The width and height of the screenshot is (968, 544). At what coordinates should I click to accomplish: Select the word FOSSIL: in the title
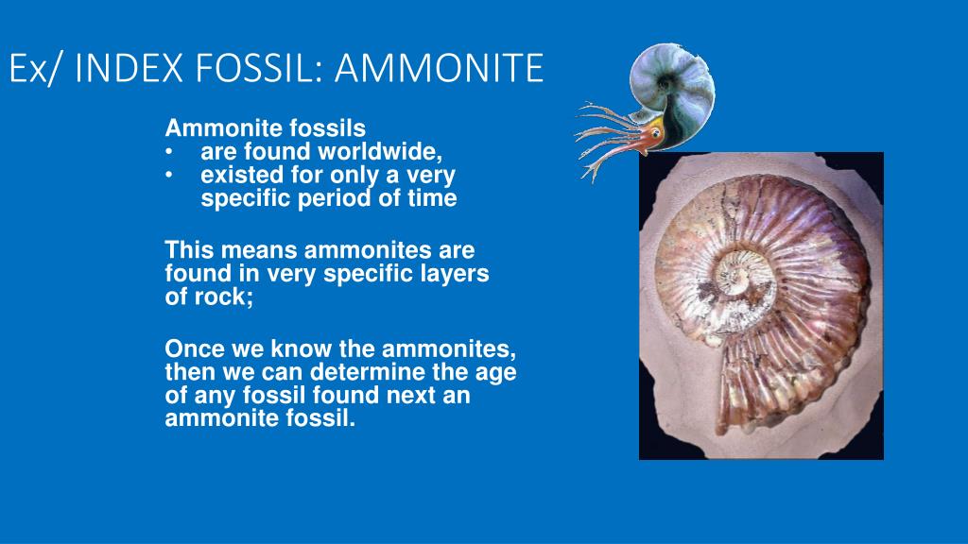pos(266,69)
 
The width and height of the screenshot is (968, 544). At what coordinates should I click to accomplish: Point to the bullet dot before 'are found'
pos(168,151)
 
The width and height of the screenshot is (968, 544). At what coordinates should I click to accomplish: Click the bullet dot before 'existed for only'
pos(168,175)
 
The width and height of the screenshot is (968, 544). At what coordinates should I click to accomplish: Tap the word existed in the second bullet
pos(236,175)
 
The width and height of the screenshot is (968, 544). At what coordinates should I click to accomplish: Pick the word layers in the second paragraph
pos(458,274)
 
